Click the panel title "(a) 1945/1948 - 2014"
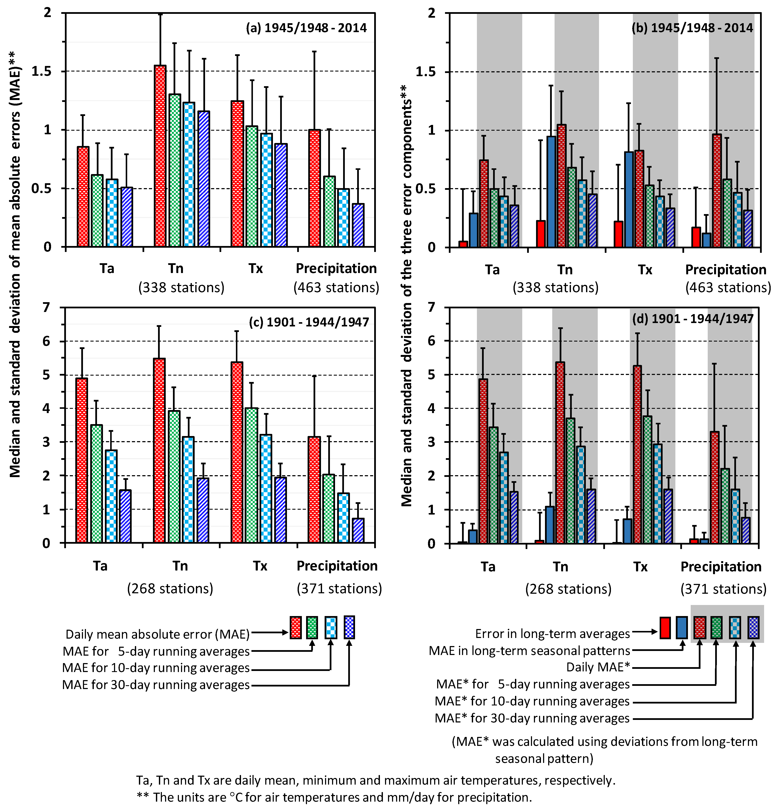tap(306, 28)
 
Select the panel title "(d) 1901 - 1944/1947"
tap(692, 319)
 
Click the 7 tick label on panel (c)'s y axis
tap(46, 307)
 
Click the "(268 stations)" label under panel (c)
tap(170, 588)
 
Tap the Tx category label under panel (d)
tap(640, 567)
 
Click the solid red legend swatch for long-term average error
tap(665, 627)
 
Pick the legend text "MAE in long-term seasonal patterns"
tap(529, 651)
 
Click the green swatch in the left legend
tap(312, 627)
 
